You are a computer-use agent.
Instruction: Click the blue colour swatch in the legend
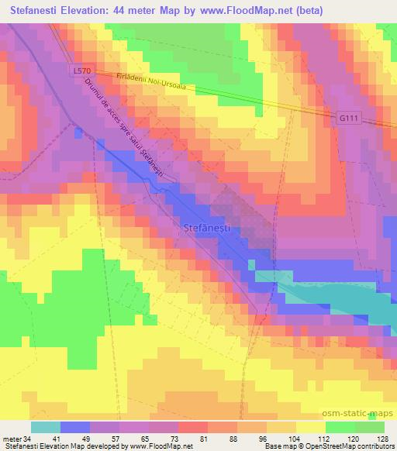tap(75, 427)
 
